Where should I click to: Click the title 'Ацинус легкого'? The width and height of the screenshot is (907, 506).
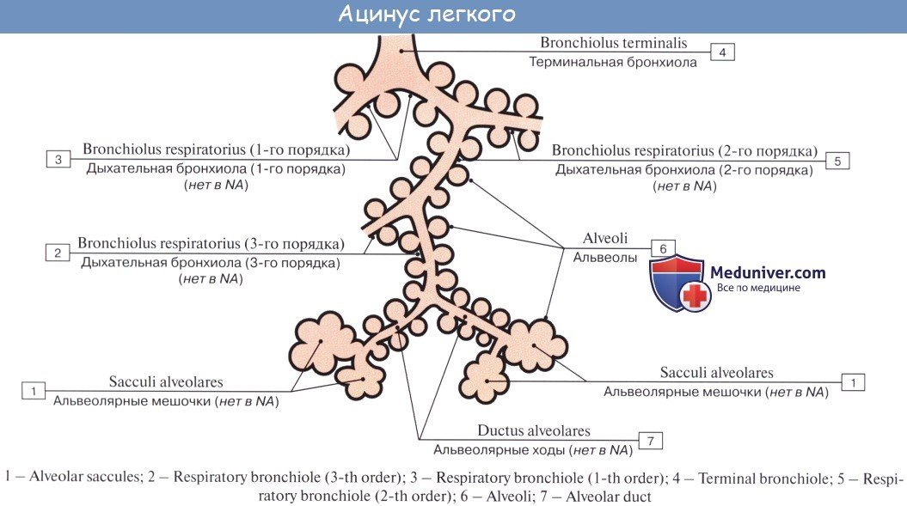point(426,15)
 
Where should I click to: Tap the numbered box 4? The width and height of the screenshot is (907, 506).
point(722,52)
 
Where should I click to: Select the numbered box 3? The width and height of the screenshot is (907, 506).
point(58,159)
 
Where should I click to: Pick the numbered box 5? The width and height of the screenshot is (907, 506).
point(837,160)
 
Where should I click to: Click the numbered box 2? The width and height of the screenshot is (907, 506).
point(58,253)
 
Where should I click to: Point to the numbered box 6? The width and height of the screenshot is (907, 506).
point(663,248)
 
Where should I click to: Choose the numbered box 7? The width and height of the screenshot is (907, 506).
point(651,441)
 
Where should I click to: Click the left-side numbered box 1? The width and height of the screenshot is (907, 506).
point(34,391)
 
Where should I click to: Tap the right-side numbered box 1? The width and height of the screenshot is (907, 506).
point(852,381)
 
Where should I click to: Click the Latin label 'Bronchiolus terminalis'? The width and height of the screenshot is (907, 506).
point(613,42)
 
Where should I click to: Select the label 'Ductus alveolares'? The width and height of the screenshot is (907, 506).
point(534,431)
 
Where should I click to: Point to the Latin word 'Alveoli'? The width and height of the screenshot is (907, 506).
point(605,239)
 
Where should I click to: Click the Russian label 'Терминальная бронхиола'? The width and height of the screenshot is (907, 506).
point(613,62)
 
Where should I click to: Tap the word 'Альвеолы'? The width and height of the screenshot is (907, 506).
point(605,257)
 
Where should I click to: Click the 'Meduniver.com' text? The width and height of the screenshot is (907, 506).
point(768,272)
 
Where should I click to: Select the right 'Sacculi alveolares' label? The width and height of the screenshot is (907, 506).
point(716,373)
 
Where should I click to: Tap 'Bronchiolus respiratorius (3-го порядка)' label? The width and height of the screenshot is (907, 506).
point(211,243)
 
